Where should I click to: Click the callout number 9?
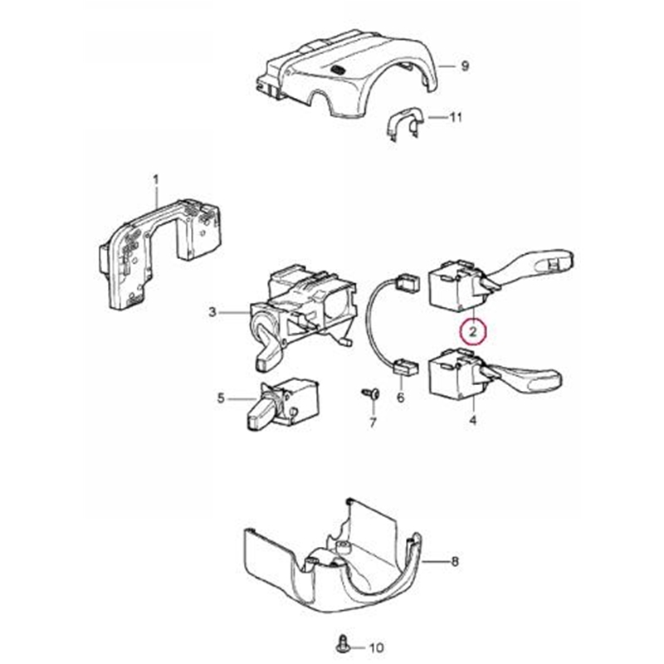point(465,66)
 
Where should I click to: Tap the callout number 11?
point(456,118)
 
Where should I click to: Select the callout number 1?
point(155,179)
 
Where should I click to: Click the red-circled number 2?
point(472,333)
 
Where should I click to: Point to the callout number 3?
point(212,312)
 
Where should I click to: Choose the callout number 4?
point(472,421)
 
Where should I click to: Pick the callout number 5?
point(221,398)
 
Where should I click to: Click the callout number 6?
point(401,398)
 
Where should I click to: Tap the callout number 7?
point(373,423)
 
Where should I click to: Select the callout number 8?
point(454,562)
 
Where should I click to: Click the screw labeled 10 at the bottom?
point(341,642)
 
